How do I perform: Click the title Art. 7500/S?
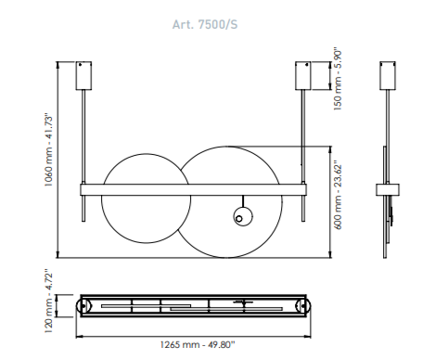coord(205,24)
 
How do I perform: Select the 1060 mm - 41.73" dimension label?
coord(49,150)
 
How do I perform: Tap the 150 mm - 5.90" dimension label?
coord(338,80)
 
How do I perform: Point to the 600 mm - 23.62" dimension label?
coord(339,195)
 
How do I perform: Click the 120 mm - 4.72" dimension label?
coord(49,301)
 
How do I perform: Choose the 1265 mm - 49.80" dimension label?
coord(198,344)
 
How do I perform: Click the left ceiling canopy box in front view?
coord(83,76)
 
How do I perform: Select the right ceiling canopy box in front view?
coord(303,76)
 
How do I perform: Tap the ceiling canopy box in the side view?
coord(388,76)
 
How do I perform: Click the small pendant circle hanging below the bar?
coord(243,216)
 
